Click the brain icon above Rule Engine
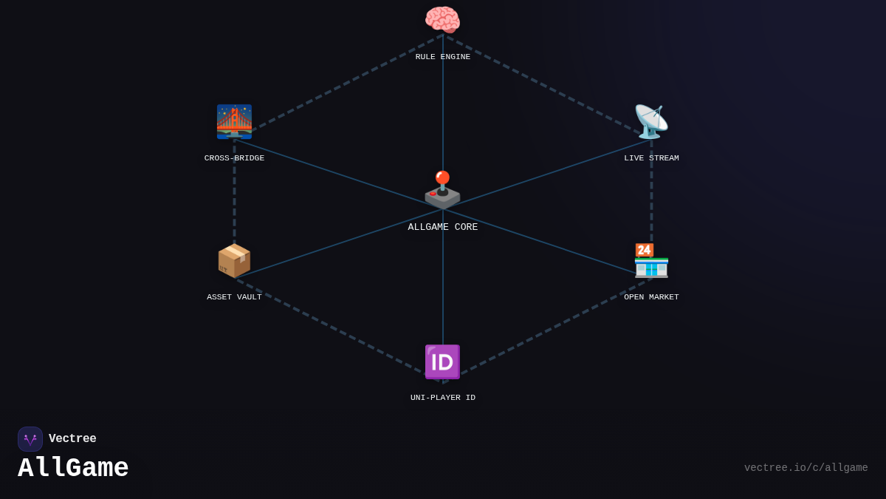pyautogui.click(x=442, y=20)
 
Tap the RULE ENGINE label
pyautogui.click(x=443, y=57)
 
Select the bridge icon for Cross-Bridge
pyautogui.click(x=234, y=122)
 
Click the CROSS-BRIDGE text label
pyautogui.click(x=234, y=158)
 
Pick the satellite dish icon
pyautogui.click(x=651, y=122)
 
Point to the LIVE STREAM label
pyautogui.click(x=651, y=158)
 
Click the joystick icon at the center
pyautogui.click(x=442, y=190)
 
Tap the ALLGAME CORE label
pyautogui.click(x=443, y=228)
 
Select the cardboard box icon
pyautogui.click(x=234, y=260)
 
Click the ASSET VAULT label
pyautogui.click(x=234, y=297)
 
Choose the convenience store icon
pyautogui.click(x=651, y=260)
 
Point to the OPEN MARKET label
pyautogui.click(x=651, y=297)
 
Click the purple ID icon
pyautogui.click(x=442, y=362)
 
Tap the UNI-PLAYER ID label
pyautogui.click(x=443, y=398)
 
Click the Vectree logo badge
pyautogui.click(x=30, y=439)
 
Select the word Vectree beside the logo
pyautogui.click(x=72, y=439)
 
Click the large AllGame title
pyautogui.click(x=73, y=469)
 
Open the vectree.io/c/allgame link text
pyautogui.click(x=806, y=468)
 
